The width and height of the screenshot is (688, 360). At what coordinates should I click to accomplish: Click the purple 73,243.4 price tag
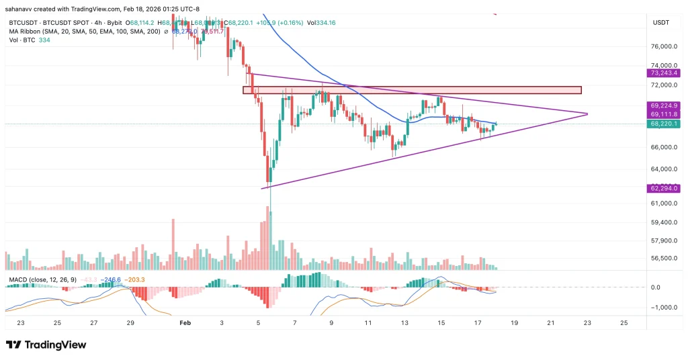click(x=664, y=73)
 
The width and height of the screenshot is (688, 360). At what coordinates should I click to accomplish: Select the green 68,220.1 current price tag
click(x=664, y=124)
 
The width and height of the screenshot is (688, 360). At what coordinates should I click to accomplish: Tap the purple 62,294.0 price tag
click(x=664, y=189)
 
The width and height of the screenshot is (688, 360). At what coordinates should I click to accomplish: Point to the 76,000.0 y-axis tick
click(x=664, y=47)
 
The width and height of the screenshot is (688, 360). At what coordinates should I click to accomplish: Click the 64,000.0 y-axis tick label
click(x=664, y=169)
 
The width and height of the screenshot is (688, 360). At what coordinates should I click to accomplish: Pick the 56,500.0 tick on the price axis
click(x=664, y=258)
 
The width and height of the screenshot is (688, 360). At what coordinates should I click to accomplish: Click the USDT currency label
click(x=660, y=23)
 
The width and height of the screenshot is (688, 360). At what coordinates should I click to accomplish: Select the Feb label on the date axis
click(x=185, y=323)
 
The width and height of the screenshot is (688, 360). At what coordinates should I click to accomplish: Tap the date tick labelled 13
click(x=404, y=323)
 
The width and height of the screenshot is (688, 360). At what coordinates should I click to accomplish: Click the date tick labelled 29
click(x=130, y=323)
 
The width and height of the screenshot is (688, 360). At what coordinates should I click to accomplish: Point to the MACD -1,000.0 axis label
click(x=664, y=307)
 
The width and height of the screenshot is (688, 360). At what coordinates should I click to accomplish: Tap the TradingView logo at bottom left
click(x=46, y=345)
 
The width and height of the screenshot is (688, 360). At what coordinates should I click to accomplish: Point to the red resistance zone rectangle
click(x=411, y=90)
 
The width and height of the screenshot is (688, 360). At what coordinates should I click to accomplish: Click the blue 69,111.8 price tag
click(x=664, y=114)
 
